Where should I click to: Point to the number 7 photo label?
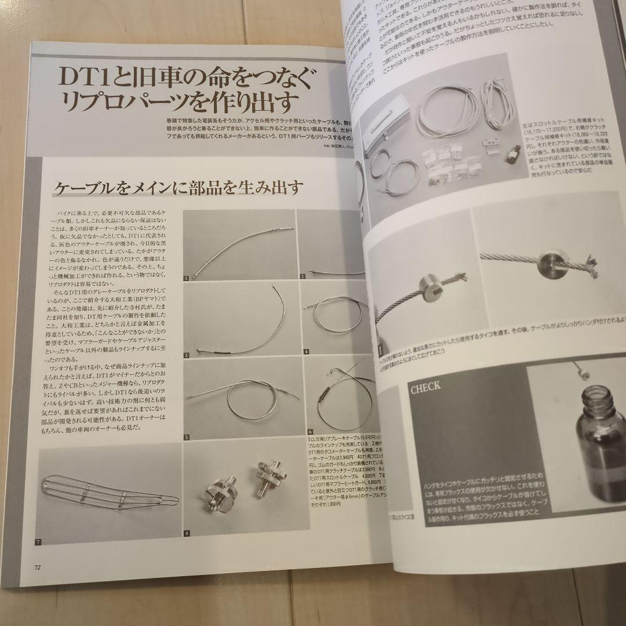[x=38, y=541]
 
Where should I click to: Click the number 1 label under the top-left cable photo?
[x=187, y=278]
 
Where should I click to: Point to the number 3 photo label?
[x=187, y=354]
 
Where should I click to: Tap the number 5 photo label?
[x=187, y=437]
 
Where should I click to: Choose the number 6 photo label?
[x=311, y=432]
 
